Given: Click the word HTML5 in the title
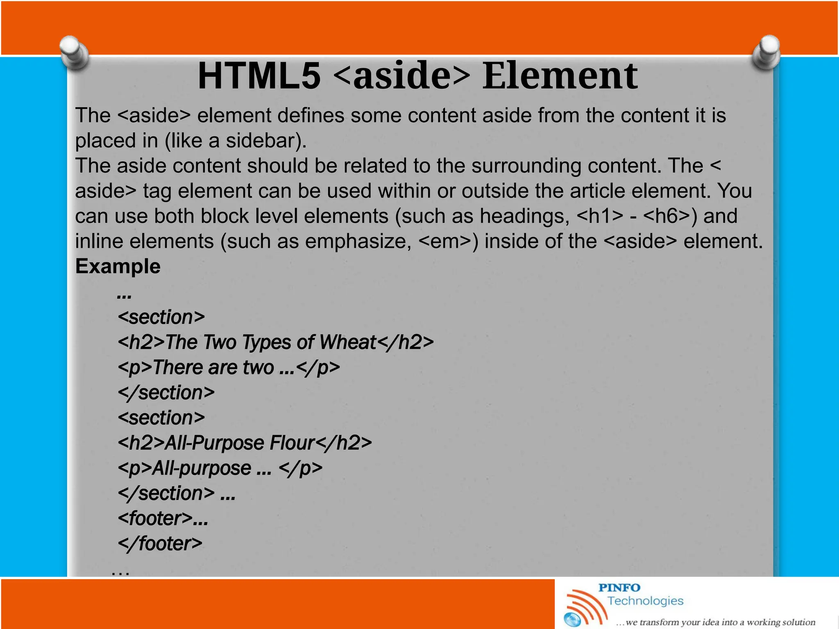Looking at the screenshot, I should pyautogui.click(x=259, y=76).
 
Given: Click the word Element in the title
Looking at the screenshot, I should pyautogui.click(x=560, y=76).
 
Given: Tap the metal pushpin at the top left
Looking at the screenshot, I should pyautogui.click(x=74, y=52).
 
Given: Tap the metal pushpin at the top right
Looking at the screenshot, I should pyautogui.click(x=766, y=52).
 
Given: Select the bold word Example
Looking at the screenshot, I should pyautogui.click(x=118, y=267).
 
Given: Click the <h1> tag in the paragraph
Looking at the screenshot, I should pyautogui.click(x=600, y=216).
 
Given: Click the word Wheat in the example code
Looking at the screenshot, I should pyautogui.click(x=347, y=342).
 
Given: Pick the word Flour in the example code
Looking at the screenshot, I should pyautogui.click(x=293, y=443).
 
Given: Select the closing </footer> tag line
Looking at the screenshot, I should pyautogui.click(x=160, y=544).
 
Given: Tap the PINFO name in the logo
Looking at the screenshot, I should pyautogui.click(x=619, y=588).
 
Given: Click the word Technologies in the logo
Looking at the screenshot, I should pyautogui.click(x=645, y=601).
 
